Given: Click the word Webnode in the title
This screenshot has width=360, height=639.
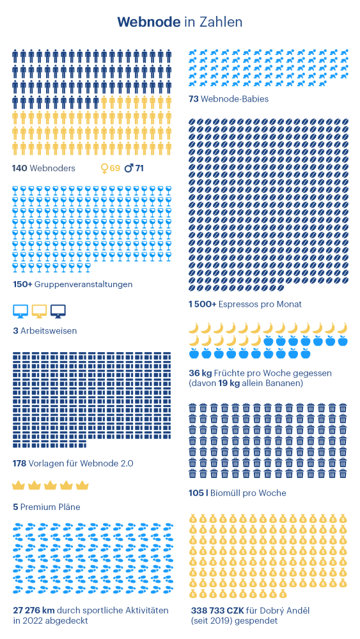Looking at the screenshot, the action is click(149, 22).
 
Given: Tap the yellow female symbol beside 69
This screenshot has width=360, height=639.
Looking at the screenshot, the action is click(104, 168).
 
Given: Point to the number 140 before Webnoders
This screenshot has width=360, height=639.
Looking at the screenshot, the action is click(19, 168).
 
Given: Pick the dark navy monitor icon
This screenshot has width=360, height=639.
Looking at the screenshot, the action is click(58, 311).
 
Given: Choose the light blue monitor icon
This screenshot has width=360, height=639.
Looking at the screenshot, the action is click(21, 311).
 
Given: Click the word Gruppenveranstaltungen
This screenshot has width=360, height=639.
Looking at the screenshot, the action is click(84, 284).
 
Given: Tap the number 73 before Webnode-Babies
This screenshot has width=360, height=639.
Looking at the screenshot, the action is click(193, 99).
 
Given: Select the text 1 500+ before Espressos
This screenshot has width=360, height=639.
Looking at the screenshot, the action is click(202, 304).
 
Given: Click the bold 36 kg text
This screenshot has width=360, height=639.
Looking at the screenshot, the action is click(198, 373).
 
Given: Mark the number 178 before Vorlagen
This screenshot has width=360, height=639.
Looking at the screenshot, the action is click(20, 463).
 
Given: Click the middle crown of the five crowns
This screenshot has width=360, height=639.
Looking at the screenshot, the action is click(50, 486).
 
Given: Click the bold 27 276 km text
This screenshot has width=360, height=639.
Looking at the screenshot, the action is click(34, 610).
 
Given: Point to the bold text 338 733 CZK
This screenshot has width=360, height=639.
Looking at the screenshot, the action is click(216, 610).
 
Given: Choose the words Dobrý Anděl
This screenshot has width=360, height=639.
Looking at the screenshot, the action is click(288, 610).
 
